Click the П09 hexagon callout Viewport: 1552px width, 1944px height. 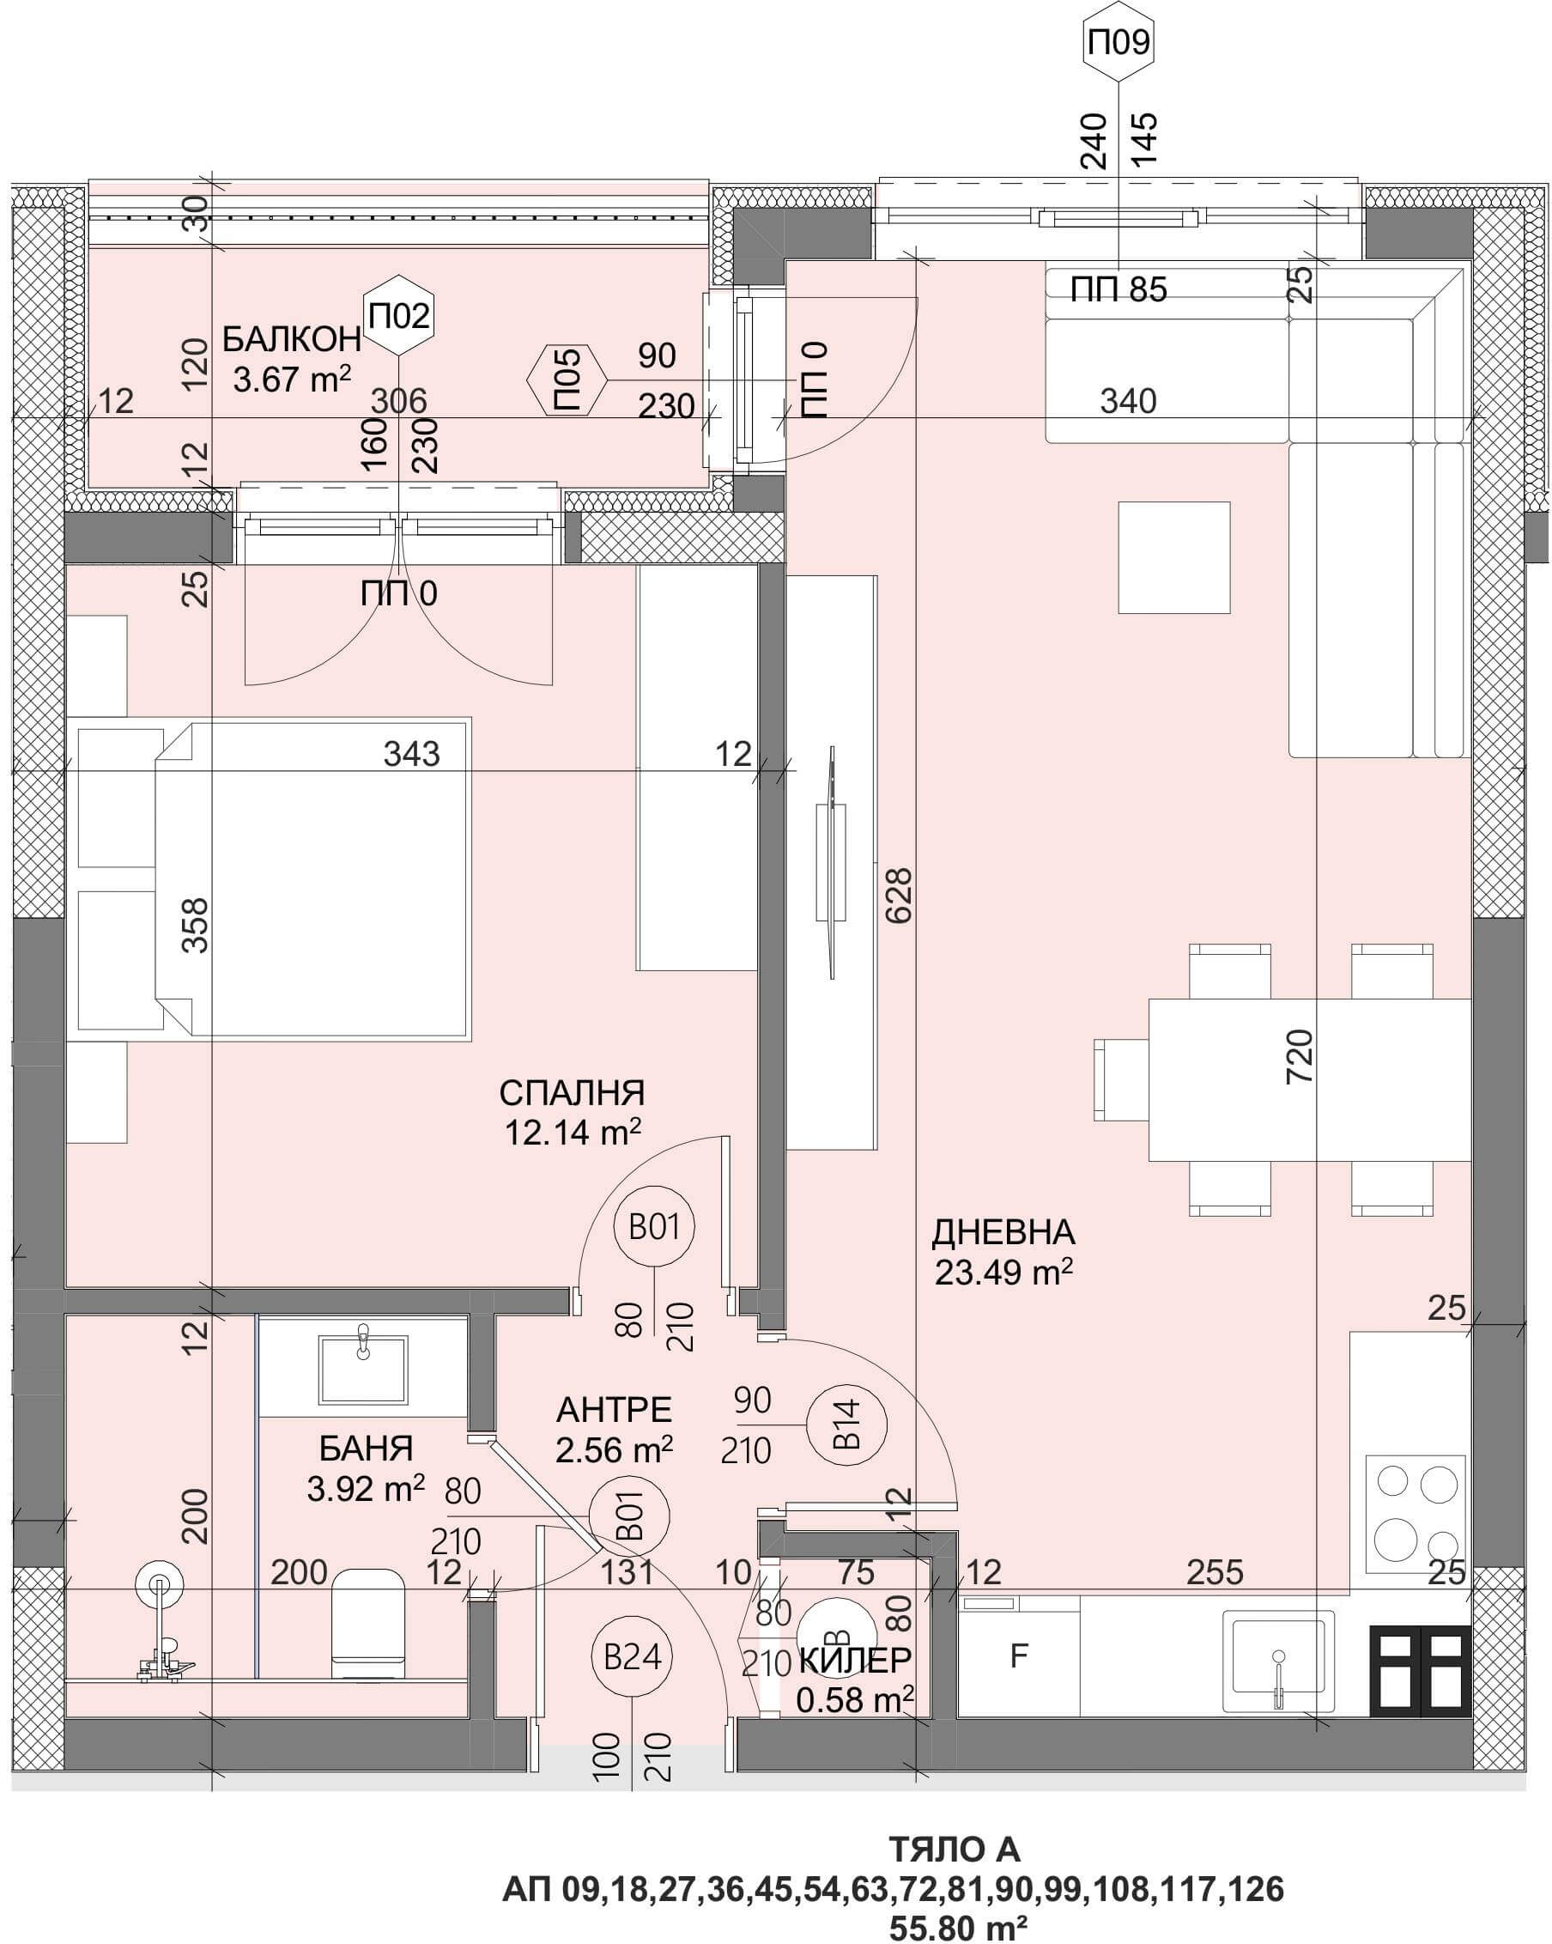pyautogui.click(x=1119, y=42)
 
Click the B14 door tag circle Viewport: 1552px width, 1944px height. pyautogui.click(x=846, y=1424)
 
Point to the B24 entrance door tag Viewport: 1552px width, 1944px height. pyautogui.click(x=632, y=1656)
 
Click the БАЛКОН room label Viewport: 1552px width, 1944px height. pyautogui.click(x=292, y=340)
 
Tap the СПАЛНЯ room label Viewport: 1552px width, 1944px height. pyautogui.click(x=573, y=1093)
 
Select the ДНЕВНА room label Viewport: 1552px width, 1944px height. pyautogui.click(x=1003, y=1231)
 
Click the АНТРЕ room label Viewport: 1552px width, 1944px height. pyautogui.click(x=615, y=1409)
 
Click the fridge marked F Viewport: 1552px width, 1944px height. pyautogui.click(x=1018, y=1655)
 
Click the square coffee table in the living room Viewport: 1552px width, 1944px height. pyautogui.click(x=1174, y=558)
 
